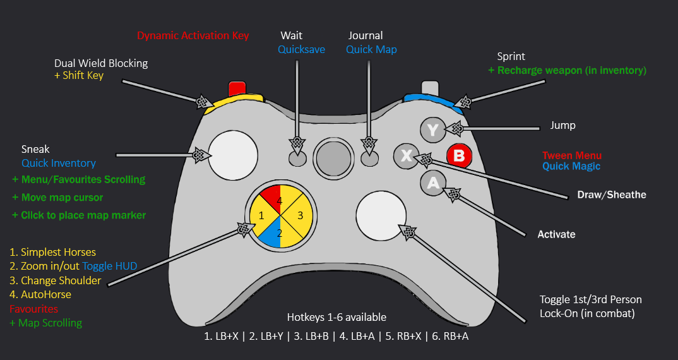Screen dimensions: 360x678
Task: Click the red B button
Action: [x=459, y=155]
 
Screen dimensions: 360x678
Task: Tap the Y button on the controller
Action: [x=432, y=130]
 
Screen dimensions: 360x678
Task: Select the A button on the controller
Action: [x=433, y=183]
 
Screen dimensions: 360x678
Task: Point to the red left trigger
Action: [x=237, y=87]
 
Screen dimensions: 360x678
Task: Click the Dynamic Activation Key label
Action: [x=193, y=36]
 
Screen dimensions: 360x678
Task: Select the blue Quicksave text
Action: [x=302, y=49]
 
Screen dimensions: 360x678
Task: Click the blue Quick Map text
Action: [x=371, y=49]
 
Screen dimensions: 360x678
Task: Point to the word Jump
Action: [x=562, y=125]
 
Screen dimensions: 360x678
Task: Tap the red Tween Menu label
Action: [x=572, y=155]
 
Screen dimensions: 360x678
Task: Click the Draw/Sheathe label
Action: [x=612, y=195]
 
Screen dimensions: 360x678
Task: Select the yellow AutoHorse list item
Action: [x=40, y=294]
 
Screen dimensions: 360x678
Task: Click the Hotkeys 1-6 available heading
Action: [x=336, y=317]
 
